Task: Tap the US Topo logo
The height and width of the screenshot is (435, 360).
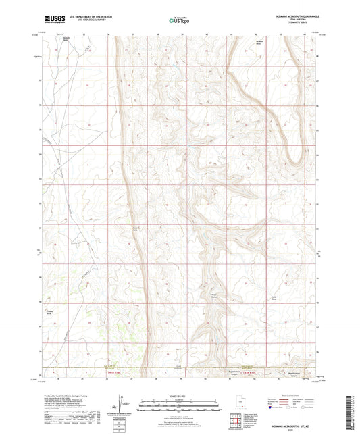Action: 177,20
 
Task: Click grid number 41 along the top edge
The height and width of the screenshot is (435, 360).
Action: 230,32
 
